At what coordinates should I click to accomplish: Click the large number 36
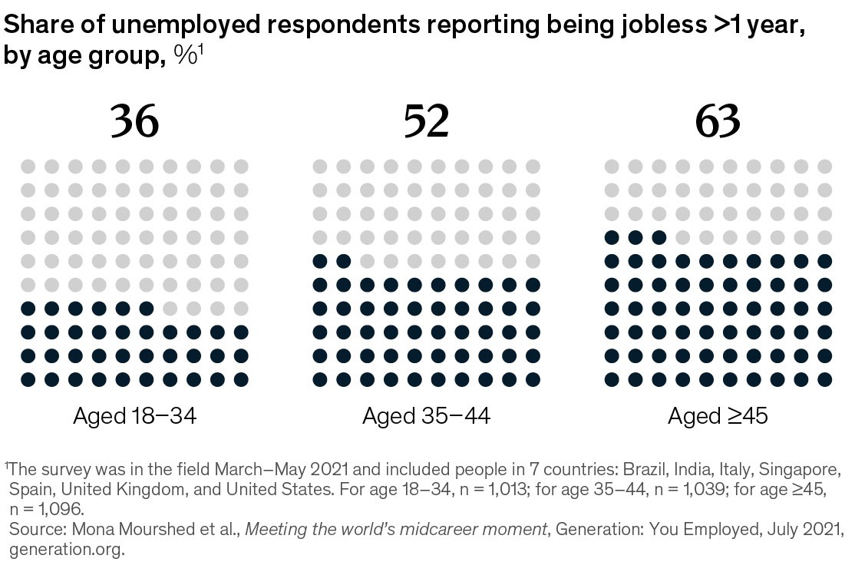pyautogui.click(x=135, y=121)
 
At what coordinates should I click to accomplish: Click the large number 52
pyautogui.click(x=426, y=121)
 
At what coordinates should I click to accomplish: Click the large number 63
pyautogui.click(x=718, y=121)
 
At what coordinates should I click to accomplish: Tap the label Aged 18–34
pyautogui.click(x=135, y=417)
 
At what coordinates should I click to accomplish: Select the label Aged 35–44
pyautogui.click(x=426, y=417)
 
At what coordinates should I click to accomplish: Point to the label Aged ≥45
pyautogui.click(x=718, y=417)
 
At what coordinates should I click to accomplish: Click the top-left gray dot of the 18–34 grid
pyautogui.click(x=28, y=167)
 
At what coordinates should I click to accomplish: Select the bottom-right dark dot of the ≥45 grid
pyautogui.click(x=825, y=379)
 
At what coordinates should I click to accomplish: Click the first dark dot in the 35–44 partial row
pyautogui.click(x=320, y=262)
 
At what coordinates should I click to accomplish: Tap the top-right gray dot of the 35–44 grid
pyautogui.click(x=533, y=167)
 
